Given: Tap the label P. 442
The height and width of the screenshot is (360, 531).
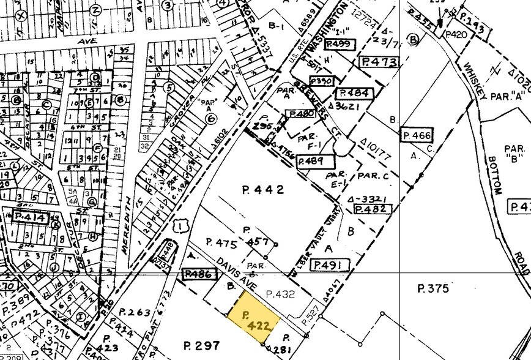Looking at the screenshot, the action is [262, 190].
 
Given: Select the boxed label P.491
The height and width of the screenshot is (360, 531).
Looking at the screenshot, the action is [330, 265].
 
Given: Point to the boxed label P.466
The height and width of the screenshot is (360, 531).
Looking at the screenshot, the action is [416, 135].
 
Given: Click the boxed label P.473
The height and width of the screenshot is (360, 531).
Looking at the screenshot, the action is [379, 62].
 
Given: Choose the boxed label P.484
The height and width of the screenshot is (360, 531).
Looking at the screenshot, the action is [354, 93].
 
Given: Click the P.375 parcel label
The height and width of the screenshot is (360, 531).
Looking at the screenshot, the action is [433, 288].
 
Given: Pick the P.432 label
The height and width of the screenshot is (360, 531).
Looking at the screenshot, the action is [280, 295].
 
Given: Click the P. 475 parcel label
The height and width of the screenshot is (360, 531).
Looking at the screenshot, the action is [221, 243].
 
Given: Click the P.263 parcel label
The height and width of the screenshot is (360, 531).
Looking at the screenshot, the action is [135, 313].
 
